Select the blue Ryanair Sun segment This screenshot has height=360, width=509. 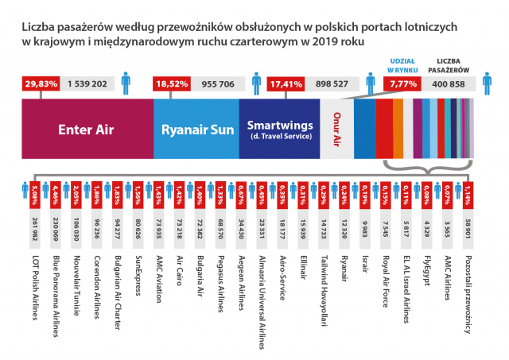(x=195, y=129)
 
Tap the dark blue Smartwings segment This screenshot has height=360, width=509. (x=278, y=129)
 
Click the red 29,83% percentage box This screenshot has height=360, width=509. (x=41, y=82)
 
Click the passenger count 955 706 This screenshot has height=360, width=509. (x=219, y=82)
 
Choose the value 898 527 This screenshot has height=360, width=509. (x=333, y=82)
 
